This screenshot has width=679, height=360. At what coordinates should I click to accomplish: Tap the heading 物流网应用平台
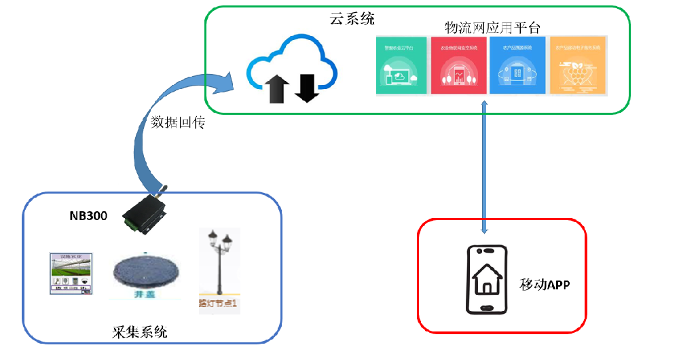tap(492, 28)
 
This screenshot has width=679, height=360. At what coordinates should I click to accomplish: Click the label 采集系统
tap(139, 332)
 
